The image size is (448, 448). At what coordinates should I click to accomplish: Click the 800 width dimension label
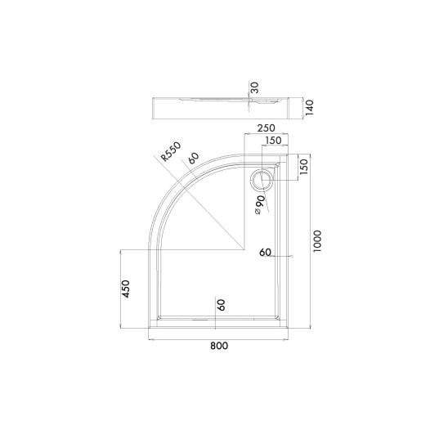(x=219, y=346)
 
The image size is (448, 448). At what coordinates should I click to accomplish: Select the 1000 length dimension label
(x=317, y=241)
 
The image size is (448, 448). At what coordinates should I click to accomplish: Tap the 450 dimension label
(x=126, y=289)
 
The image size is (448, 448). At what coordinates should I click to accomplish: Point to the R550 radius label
(x=171, y=151)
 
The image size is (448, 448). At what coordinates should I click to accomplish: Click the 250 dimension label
(x=266, y=128)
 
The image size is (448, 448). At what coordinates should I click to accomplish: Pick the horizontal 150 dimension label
(x=273, y=141)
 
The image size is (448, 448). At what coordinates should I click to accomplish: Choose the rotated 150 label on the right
(x=305, y=167)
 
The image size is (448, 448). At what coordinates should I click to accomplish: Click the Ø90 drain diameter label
(x=259, y=204)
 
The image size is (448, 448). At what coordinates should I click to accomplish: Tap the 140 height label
(x=309, y=107)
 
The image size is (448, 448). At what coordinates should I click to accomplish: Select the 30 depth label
(x=254, y=87)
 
